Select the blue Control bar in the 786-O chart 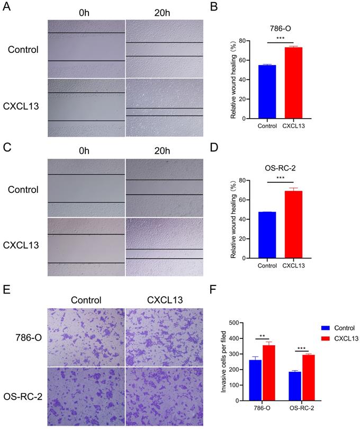[x=267, y=92]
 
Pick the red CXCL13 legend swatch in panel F [x=314, y=338]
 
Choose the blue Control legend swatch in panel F [x=314, y=328]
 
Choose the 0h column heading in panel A [x=84, y=11]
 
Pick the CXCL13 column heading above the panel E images [x=165, y=300]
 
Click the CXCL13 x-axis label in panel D [x=292, y=265]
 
